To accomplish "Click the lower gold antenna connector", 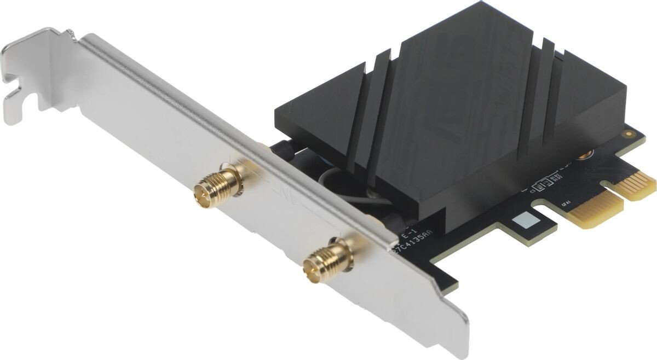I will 328,262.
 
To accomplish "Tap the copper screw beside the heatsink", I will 586,156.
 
